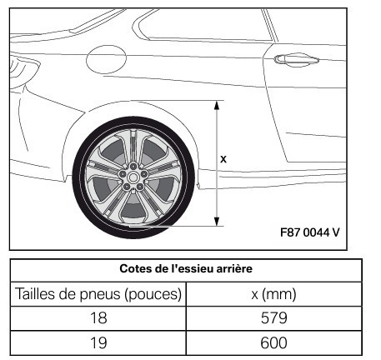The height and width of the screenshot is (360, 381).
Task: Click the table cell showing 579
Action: point(273,318)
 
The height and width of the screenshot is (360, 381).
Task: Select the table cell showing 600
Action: point(273,342)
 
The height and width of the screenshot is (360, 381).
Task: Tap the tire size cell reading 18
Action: point(98,318)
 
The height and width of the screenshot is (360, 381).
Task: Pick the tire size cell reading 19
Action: point(98,342)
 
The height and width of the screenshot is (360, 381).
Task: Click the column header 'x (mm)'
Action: point(273,294)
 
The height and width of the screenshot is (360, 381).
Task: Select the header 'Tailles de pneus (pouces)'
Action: point(98,294)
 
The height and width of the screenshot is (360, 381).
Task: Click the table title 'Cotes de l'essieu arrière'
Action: point(186,269)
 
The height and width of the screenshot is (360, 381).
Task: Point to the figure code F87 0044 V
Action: point(310,232)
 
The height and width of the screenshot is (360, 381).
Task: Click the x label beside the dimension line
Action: point(223,159)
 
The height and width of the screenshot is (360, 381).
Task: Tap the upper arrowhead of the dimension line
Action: point(217,105)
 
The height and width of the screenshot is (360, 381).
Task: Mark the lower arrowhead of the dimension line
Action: point(217,222)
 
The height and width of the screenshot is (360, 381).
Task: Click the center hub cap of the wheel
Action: point(133,177)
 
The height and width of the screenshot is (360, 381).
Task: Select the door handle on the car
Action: point(296,60)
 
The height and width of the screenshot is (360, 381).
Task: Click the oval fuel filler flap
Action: point(106,59)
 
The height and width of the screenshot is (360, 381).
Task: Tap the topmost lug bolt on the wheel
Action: point(133,167)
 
